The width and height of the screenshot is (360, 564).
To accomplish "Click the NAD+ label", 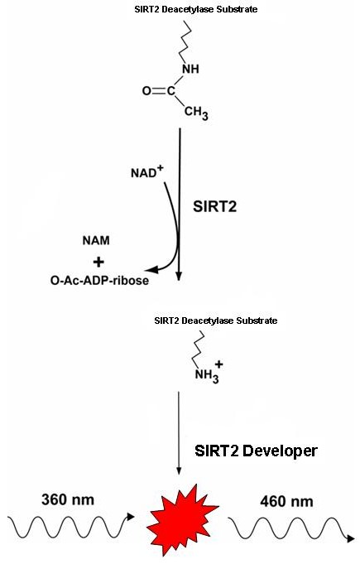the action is (x=146, y=172).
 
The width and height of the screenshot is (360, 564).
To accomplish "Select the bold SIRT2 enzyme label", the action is (x=215, y=206).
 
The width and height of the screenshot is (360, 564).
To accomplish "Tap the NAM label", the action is (x=96, y=240).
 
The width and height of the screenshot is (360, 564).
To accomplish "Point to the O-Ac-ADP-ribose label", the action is (x=99, y=280).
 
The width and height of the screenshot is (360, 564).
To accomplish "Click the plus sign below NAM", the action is (x=98, y=262).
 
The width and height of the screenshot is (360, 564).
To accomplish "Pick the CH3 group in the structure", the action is (x=196, y=113).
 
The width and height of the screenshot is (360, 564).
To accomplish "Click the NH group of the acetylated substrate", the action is (x=191, y=69).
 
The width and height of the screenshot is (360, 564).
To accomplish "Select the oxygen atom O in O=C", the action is (x=146, y=91).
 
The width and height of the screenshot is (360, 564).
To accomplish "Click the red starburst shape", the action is (x=181, y=519).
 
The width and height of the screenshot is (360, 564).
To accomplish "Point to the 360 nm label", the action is (x=68, y=499).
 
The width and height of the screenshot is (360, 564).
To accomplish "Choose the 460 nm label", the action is (x=286, y=501).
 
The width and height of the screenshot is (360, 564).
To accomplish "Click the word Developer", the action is (x=280, y=451).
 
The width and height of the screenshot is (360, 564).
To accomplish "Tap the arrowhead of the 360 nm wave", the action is (x=131, y=517).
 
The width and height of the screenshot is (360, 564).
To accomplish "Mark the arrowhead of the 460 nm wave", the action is (x=350, y=538).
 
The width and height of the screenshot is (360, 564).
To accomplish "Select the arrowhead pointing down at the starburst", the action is (x=179, y=471).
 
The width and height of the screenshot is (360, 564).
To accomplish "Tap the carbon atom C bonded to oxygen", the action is (x=171, y=91).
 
